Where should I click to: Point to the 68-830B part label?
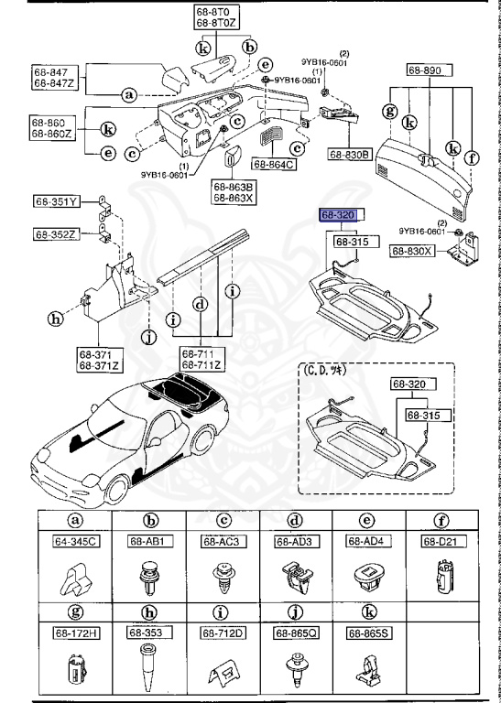(x=347, y=155)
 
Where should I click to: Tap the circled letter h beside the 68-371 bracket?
(x=55, y=319)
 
